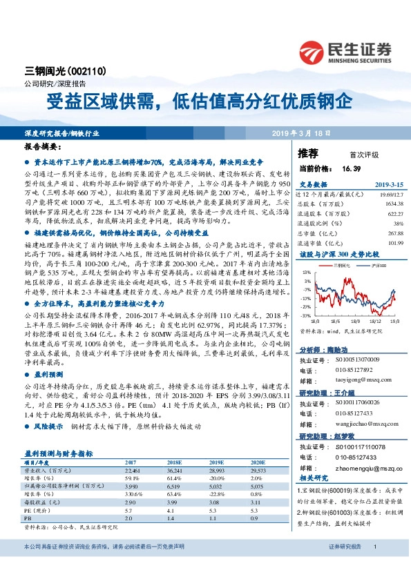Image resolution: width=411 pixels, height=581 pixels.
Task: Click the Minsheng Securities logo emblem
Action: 315,52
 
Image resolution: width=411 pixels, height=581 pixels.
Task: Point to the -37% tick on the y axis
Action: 305,315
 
